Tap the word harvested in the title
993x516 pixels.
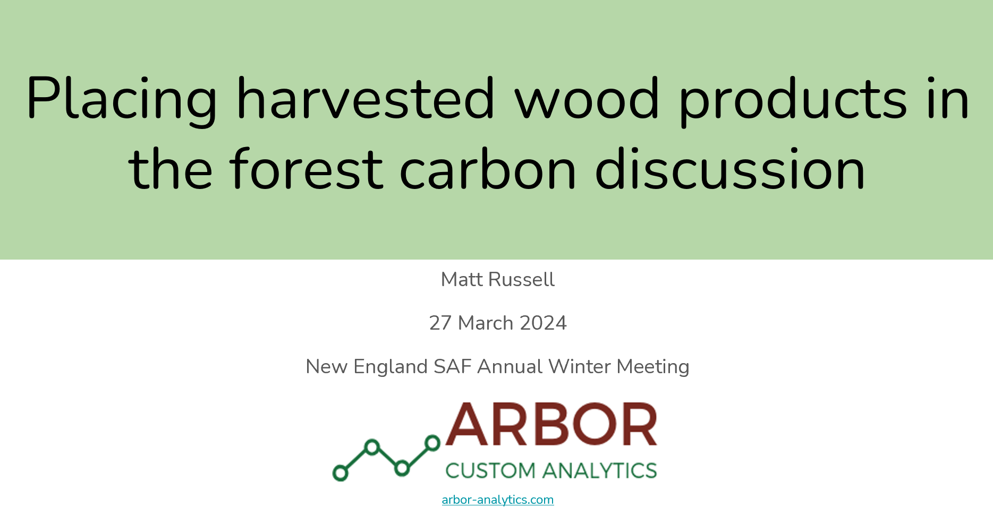click(366, 98)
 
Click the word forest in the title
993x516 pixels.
click(307, 168)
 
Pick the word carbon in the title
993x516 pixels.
click(488, 168)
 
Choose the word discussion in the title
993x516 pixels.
click(730, 168)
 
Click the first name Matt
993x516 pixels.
click(462, 280)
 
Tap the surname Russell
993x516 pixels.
click(521, 280)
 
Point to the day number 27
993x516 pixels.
click(440, 323)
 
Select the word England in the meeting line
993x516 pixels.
click(391, 367)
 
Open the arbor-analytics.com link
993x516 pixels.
click(498, 500)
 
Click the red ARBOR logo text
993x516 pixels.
click(551, 424)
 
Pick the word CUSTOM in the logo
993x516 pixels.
click(490, 470)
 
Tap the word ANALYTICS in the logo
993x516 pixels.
click(600, 470)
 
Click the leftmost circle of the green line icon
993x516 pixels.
click(341, 472)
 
